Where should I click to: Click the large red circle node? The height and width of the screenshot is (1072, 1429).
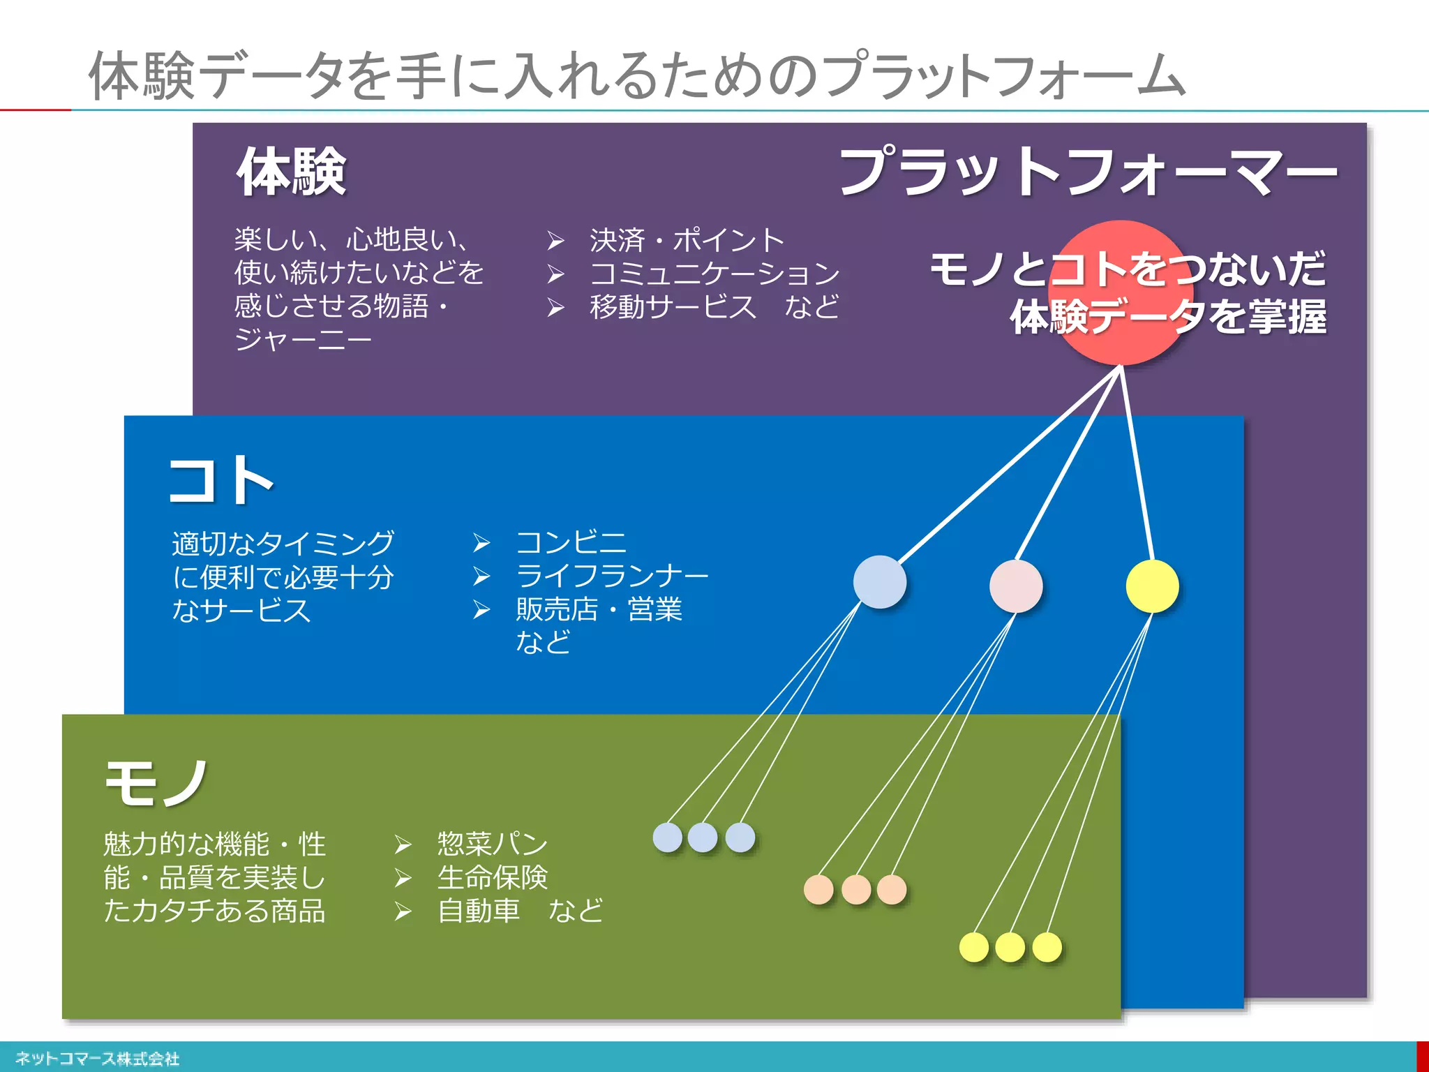1121,292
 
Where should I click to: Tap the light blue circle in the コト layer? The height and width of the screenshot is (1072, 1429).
880,582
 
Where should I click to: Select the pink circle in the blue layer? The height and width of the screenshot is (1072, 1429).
1016,586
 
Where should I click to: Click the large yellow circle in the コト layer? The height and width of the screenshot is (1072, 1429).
1152,586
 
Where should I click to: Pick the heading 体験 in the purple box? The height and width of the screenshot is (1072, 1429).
292,172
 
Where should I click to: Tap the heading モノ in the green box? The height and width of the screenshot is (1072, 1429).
156,783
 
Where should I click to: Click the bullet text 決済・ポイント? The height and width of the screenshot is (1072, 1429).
687,241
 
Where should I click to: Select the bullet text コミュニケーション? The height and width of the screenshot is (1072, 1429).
714,274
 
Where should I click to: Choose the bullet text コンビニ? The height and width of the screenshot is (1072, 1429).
571,542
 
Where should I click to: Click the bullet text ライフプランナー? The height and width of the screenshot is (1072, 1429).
612,576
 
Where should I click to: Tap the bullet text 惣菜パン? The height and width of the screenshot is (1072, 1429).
492,844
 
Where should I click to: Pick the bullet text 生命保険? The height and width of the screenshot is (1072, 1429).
492,877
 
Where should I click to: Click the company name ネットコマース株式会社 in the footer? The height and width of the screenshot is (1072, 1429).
97,1059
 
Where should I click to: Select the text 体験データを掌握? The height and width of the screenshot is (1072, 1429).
1168,316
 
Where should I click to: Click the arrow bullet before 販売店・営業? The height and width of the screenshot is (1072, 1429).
481,609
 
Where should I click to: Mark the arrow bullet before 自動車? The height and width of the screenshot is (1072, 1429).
403,911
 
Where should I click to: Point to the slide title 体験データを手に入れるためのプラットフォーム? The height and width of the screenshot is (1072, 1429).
636,75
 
